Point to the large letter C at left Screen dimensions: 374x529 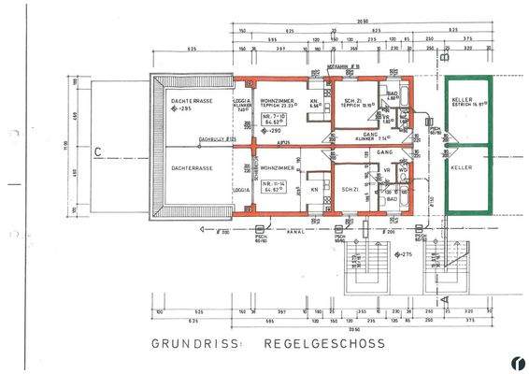pyautogui.click(x=96, y=149)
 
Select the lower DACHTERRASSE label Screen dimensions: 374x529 pyautogui.click(x=192, y=168)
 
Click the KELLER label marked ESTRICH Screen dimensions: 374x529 pyautogui.click(x=465, y=102)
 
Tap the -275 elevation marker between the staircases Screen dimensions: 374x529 pyautogui.click(x=405, y=254)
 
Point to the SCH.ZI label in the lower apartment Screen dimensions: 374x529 pyautogui.click(x=350, y=190)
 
